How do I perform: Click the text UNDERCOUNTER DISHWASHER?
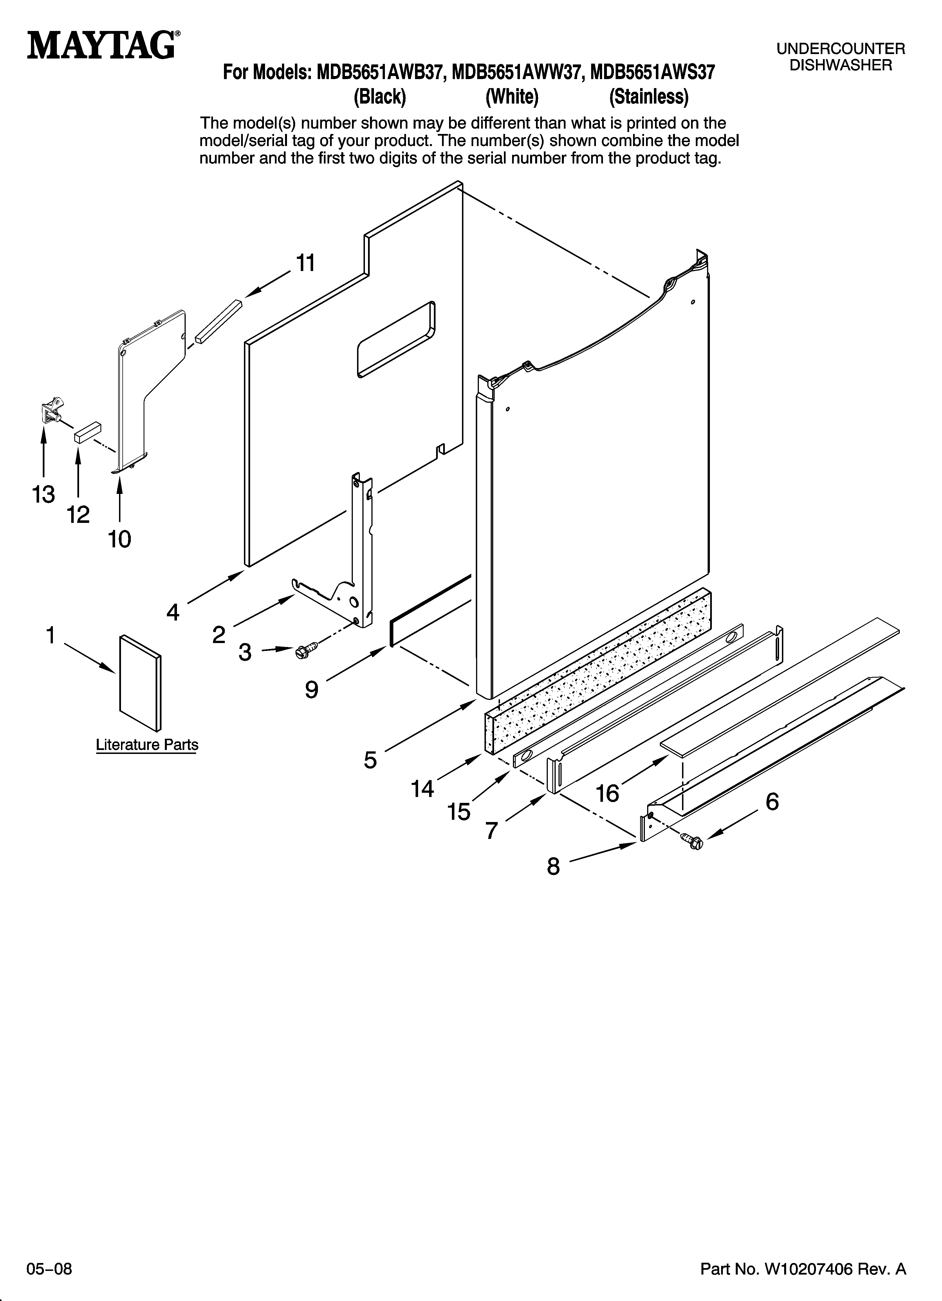click(x=840, y=57)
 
